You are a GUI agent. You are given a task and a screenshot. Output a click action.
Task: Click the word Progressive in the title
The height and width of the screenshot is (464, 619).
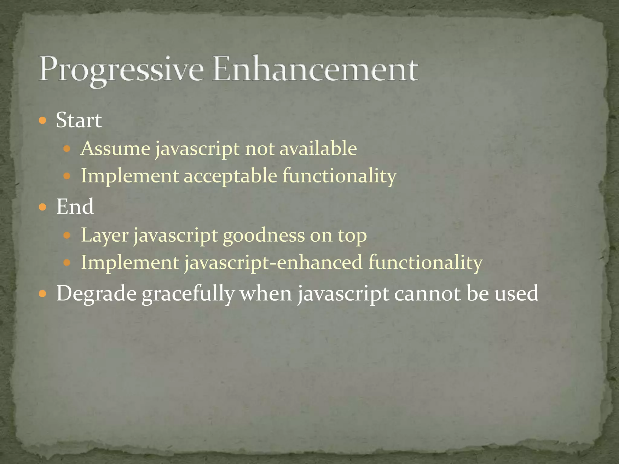tap(121, 69)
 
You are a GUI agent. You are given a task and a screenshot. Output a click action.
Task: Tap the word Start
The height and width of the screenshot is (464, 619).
tap(79, 120)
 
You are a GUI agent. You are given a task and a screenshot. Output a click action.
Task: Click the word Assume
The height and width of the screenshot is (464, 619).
tap(115, 148)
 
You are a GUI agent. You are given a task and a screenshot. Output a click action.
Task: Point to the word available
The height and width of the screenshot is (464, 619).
tap(318, 148)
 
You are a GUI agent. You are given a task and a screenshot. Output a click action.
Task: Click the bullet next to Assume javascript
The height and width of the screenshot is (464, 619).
tap(67, 149)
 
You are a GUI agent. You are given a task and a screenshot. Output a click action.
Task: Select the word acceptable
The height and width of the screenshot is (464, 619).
tap(230, 176)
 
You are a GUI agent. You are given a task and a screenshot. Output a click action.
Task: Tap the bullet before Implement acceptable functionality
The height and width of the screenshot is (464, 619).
tap(67, 176)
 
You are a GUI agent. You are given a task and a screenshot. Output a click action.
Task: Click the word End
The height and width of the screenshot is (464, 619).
tap(75, 207)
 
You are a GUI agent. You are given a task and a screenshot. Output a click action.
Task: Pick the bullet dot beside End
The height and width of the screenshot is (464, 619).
tap(43, 207)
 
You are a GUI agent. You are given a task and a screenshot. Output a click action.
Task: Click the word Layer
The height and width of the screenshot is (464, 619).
tap(105, 235)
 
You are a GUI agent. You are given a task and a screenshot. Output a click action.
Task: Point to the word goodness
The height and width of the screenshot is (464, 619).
tap(264, 235)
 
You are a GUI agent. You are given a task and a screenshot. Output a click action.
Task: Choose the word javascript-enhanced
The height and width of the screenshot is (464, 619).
tap(273, 262)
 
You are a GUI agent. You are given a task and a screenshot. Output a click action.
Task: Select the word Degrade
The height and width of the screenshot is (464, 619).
tap(96, 293)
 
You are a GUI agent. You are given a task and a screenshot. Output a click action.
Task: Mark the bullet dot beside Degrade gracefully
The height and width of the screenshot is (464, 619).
tap(43, 293)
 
